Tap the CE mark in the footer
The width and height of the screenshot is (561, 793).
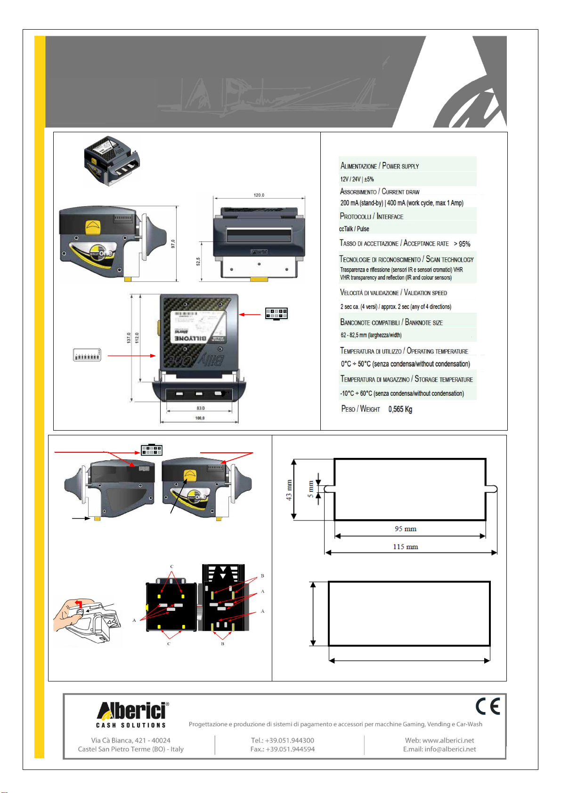pyautogui.click(x=488, y=707)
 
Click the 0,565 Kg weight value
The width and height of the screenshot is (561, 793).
pyautogui.click(x=400, y=409)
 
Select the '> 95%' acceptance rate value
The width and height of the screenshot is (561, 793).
pyautogui.click(x=462, y=244)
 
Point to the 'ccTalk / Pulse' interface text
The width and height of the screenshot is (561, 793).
pyautogui.click(x=354, y=229)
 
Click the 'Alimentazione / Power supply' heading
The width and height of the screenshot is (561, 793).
pyautogui.click(x=379, y=166)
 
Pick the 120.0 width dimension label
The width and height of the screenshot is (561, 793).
pyautogui.click(x=259, y=195)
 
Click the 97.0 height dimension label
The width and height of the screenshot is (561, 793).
pyautogui.click(x=173, y=243)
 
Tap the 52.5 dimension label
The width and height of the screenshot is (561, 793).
pyautogui.click(x=198, y=261)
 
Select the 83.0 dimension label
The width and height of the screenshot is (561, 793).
pyautogui.click(x=201, y=408)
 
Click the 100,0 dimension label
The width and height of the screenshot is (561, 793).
pyautogui.click(x=200, y=418)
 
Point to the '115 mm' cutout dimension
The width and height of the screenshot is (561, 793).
pyautogui.click(x=406, y=547)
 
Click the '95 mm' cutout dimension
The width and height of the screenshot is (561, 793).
pyautogui.click(x=406, y=529)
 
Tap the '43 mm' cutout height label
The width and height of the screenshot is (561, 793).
pyautogui.click(x=289, y=490)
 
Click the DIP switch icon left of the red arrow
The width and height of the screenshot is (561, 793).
pyautogui.click(x=87, y=355)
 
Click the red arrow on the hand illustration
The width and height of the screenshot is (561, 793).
pyautogui.click(x=79, y=603)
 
